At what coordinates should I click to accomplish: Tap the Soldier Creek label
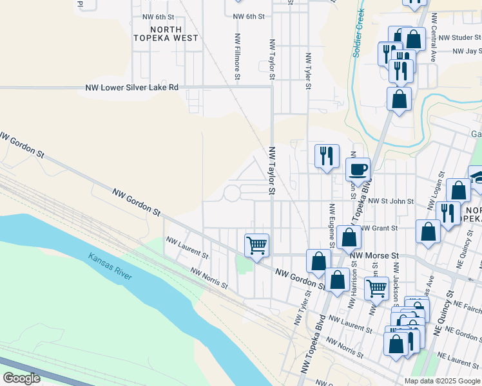point(360,34)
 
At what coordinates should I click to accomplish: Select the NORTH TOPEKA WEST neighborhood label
point(166,33)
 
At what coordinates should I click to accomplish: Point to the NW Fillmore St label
point(238,57)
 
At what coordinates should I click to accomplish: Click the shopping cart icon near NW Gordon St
point(256,245)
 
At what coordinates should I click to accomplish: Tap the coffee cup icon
point(358,169)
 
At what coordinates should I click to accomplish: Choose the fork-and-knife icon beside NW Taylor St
point(327,156)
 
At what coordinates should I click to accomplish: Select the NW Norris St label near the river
point(209,279)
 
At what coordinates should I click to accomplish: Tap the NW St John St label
point(390,201)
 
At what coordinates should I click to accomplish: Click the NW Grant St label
point(379,228)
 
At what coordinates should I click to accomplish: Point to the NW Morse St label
point(371,255)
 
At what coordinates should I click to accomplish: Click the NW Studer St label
point(458,38)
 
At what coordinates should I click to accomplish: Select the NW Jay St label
point(467,51)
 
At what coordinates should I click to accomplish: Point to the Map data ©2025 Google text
point(442,381)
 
